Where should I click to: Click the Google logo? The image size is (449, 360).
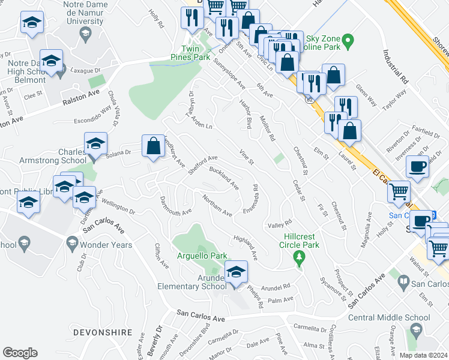coord(20,353)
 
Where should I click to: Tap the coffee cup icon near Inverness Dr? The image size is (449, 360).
coord(417,166)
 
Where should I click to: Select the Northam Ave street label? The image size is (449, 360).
coord(217,205)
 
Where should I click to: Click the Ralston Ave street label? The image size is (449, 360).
coord(81,99)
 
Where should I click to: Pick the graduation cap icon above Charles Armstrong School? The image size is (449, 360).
coord(95,143)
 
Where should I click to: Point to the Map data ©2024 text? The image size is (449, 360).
coord(424,355)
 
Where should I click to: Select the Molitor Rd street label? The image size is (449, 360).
coord(267,128)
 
